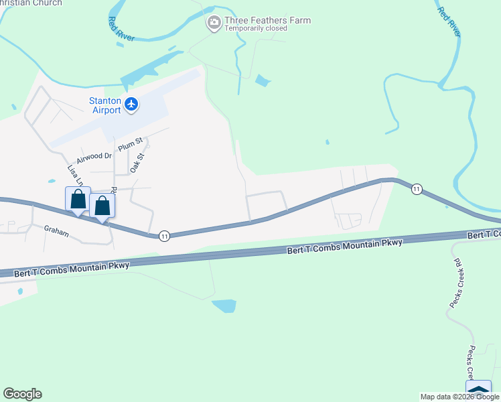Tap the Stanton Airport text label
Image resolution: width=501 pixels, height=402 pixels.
coord(105,105)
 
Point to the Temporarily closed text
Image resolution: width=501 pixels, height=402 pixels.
coord(256,29)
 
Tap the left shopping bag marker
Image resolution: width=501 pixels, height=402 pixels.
coord(78,200)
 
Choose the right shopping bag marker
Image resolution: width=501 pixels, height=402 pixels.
coord(102,206)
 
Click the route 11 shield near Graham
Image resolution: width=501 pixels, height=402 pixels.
coord(163,236)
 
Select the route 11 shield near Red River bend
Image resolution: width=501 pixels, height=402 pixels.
coord(416,189)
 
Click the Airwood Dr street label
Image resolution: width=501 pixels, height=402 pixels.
coord(94,157)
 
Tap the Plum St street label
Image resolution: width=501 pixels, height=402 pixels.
coord(131,143)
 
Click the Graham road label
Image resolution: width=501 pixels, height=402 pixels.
coord(57,228)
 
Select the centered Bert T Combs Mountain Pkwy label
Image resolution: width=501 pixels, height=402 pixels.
coord(344,245)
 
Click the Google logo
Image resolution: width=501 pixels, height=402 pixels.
coord(22,394)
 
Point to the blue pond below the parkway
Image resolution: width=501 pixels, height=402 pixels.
coord(224,306)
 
